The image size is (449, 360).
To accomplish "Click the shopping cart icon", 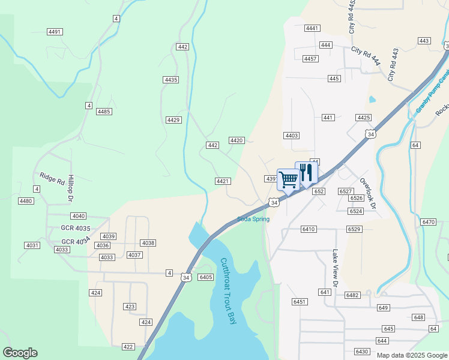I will click(x=288, y=179).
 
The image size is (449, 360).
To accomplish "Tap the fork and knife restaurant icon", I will click(x=306, y=173).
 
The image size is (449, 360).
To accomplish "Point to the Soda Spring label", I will click(x=253, y=219).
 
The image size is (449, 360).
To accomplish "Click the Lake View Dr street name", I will click(x=335, y=268).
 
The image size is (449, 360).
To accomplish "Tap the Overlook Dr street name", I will click(x=367, y=193).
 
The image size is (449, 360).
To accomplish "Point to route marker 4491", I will click(x=54, y=32).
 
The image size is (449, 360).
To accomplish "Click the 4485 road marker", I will click(x=104, y=112).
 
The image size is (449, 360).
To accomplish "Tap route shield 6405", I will click(x=205, y=277).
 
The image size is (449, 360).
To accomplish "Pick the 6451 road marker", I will click(x=300, y=302).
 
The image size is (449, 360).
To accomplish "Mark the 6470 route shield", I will click(x=429, y=222).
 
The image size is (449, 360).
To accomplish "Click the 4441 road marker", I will click(x=312, y=28).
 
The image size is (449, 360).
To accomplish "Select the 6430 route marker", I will click(x=362, y=352).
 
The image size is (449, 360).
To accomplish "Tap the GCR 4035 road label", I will click(x=76, y=229).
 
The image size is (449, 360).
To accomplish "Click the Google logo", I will click(x=20, y=353).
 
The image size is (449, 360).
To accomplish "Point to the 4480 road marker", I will click(x=26, y=201).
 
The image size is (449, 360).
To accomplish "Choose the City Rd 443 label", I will click(x=393, y=65).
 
